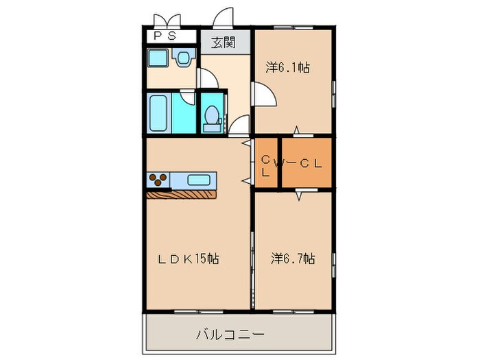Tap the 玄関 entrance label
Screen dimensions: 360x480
224,43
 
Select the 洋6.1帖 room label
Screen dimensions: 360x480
287,67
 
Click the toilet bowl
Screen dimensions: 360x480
212,116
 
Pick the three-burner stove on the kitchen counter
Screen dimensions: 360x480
158,180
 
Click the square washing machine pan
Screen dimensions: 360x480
158,58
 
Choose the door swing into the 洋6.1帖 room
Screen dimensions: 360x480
261,94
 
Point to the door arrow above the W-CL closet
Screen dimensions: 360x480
296,130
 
